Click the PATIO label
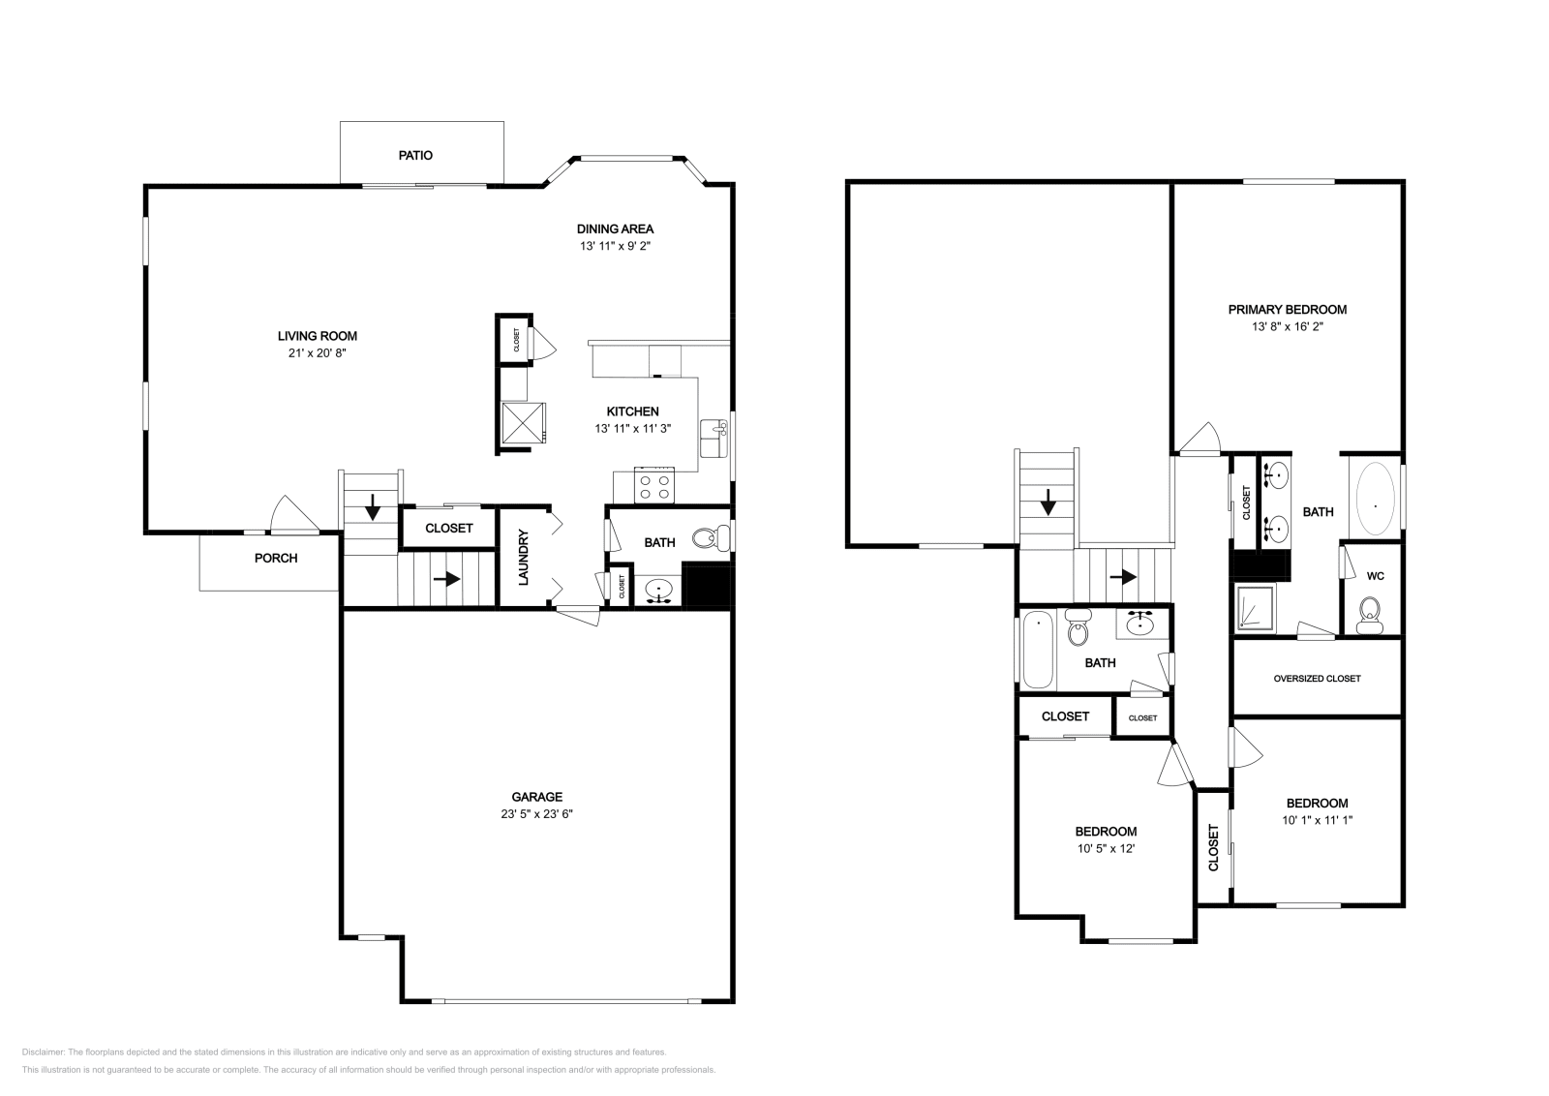[415, 156]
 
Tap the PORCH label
[276, 558]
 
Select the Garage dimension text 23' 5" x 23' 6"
[536, 814]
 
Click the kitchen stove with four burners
[654, 485]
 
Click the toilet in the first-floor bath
[712, 538]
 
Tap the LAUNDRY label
[524, 558]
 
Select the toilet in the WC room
[1369, 616]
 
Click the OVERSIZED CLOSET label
[1318, 679]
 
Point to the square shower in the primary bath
[1256, 608]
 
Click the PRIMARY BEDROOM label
[1288, 310]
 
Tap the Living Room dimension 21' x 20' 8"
[318, 352]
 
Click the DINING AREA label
[616, 228]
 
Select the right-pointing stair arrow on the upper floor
[1124, 576]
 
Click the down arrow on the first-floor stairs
[373, 507]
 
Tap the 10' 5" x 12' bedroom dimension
[1106, 848]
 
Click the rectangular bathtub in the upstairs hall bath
[1037, 649]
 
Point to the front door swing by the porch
[294, 515]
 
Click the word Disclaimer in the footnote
[43, 1051]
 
